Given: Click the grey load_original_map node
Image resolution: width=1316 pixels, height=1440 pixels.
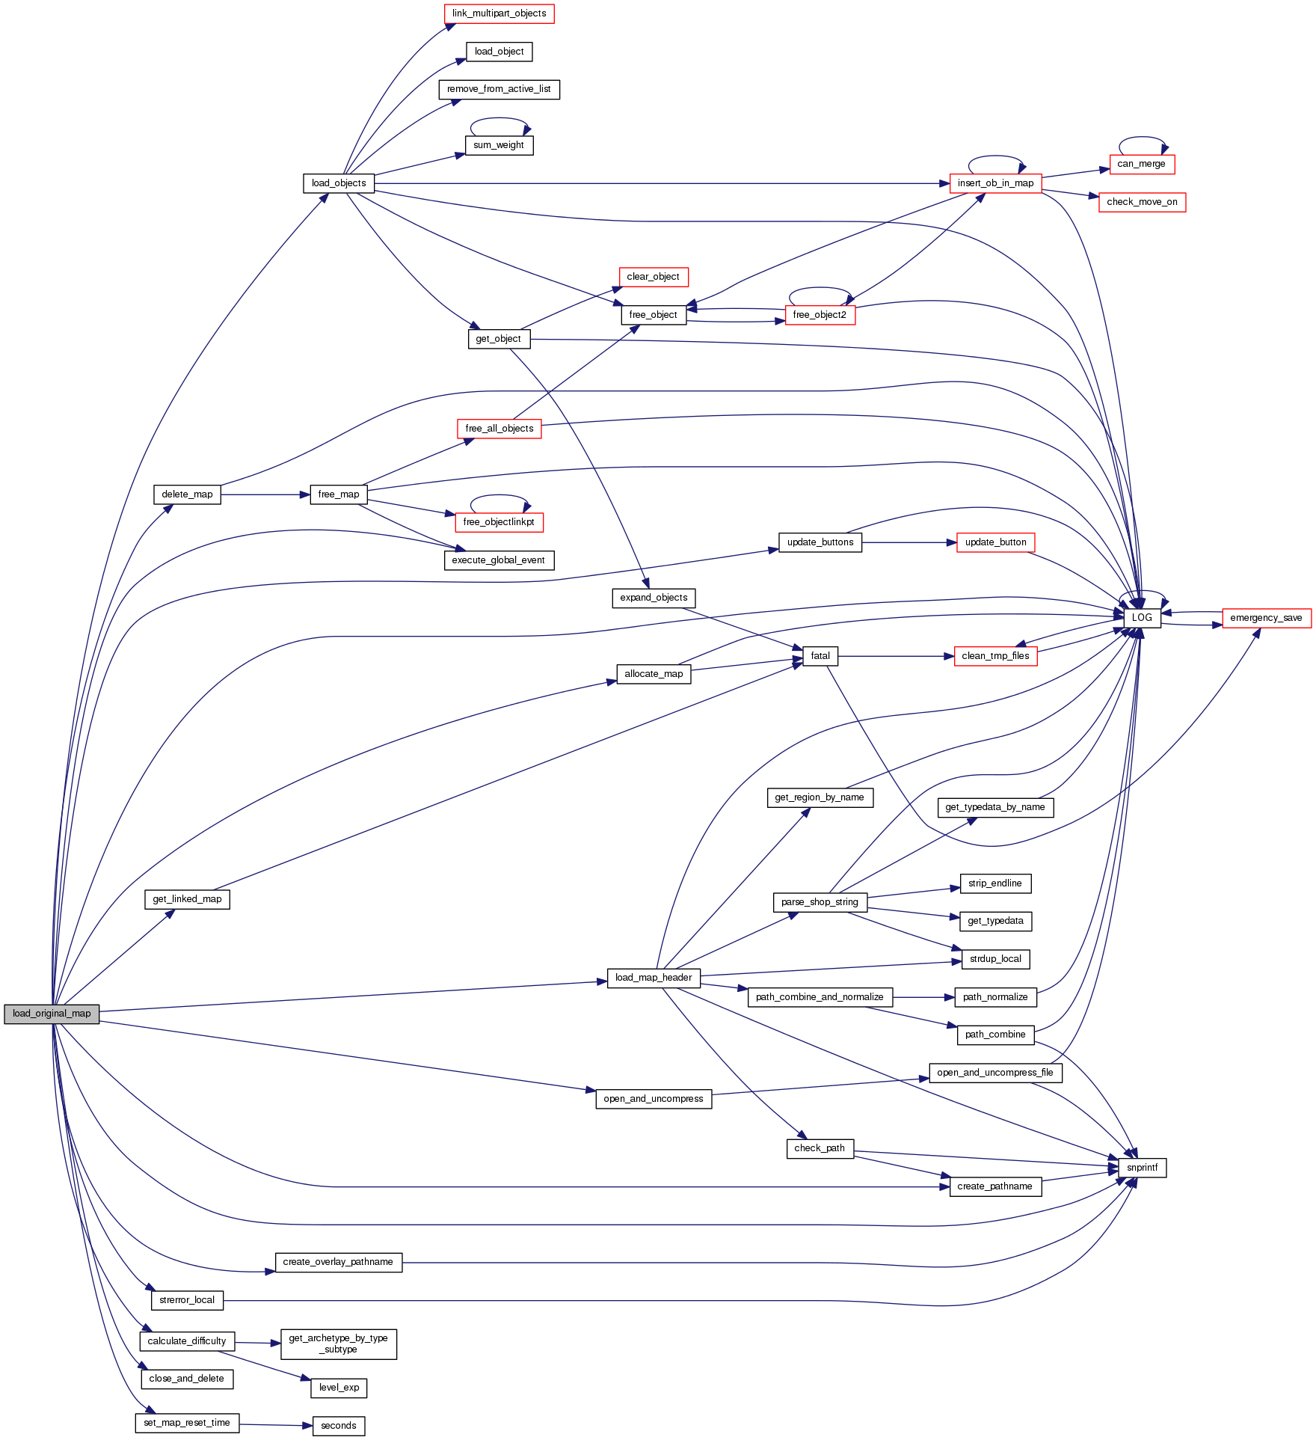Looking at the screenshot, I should (52, 1014).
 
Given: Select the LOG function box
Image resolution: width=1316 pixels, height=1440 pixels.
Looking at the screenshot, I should (1142, 617).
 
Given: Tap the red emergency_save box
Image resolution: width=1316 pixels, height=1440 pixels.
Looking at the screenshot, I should (1266, 618).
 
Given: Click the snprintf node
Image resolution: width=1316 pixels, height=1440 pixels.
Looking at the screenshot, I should (1142, 1168).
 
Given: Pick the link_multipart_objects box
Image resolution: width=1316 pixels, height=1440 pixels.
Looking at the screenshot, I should (499, 13).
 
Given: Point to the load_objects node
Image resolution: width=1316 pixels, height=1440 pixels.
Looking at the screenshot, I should (339, 183).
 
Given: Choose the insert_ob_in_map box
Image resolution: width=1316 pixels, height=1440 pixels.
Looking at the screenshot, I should (995, 183).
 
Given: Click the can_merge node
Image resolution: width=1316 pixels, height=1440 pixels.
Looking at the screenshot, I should (1141, 164).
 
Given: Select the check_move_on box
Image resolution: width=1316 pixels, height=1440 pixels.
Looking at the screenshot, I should (1142, 202).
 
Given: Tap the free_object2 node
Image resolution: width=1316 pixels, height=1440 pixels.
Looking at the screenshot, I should (820, 315).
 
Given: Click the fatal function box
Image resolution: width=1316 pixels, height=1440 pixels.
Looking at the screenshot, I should (820, 656).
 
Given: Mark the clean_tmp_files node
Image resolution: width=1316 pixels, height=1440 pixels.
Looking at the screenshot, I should (995, 656).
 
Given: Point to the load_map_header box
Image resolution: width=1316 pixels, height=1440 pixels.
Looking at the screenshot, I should (654, 978).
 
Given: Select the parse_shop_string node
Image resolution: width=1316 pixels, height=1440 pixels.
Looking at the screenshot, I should (820, 902).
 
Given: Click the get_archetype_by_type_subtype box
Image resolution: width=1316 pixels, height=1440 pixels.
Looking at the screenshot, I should (338, 1344).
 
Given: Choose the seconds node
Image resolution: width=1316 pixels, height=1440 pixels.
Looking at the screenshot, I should (339, 1426).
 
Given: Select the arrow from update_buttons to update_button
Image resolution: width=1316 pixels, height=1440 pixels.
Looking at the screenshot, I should (908, 542).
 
